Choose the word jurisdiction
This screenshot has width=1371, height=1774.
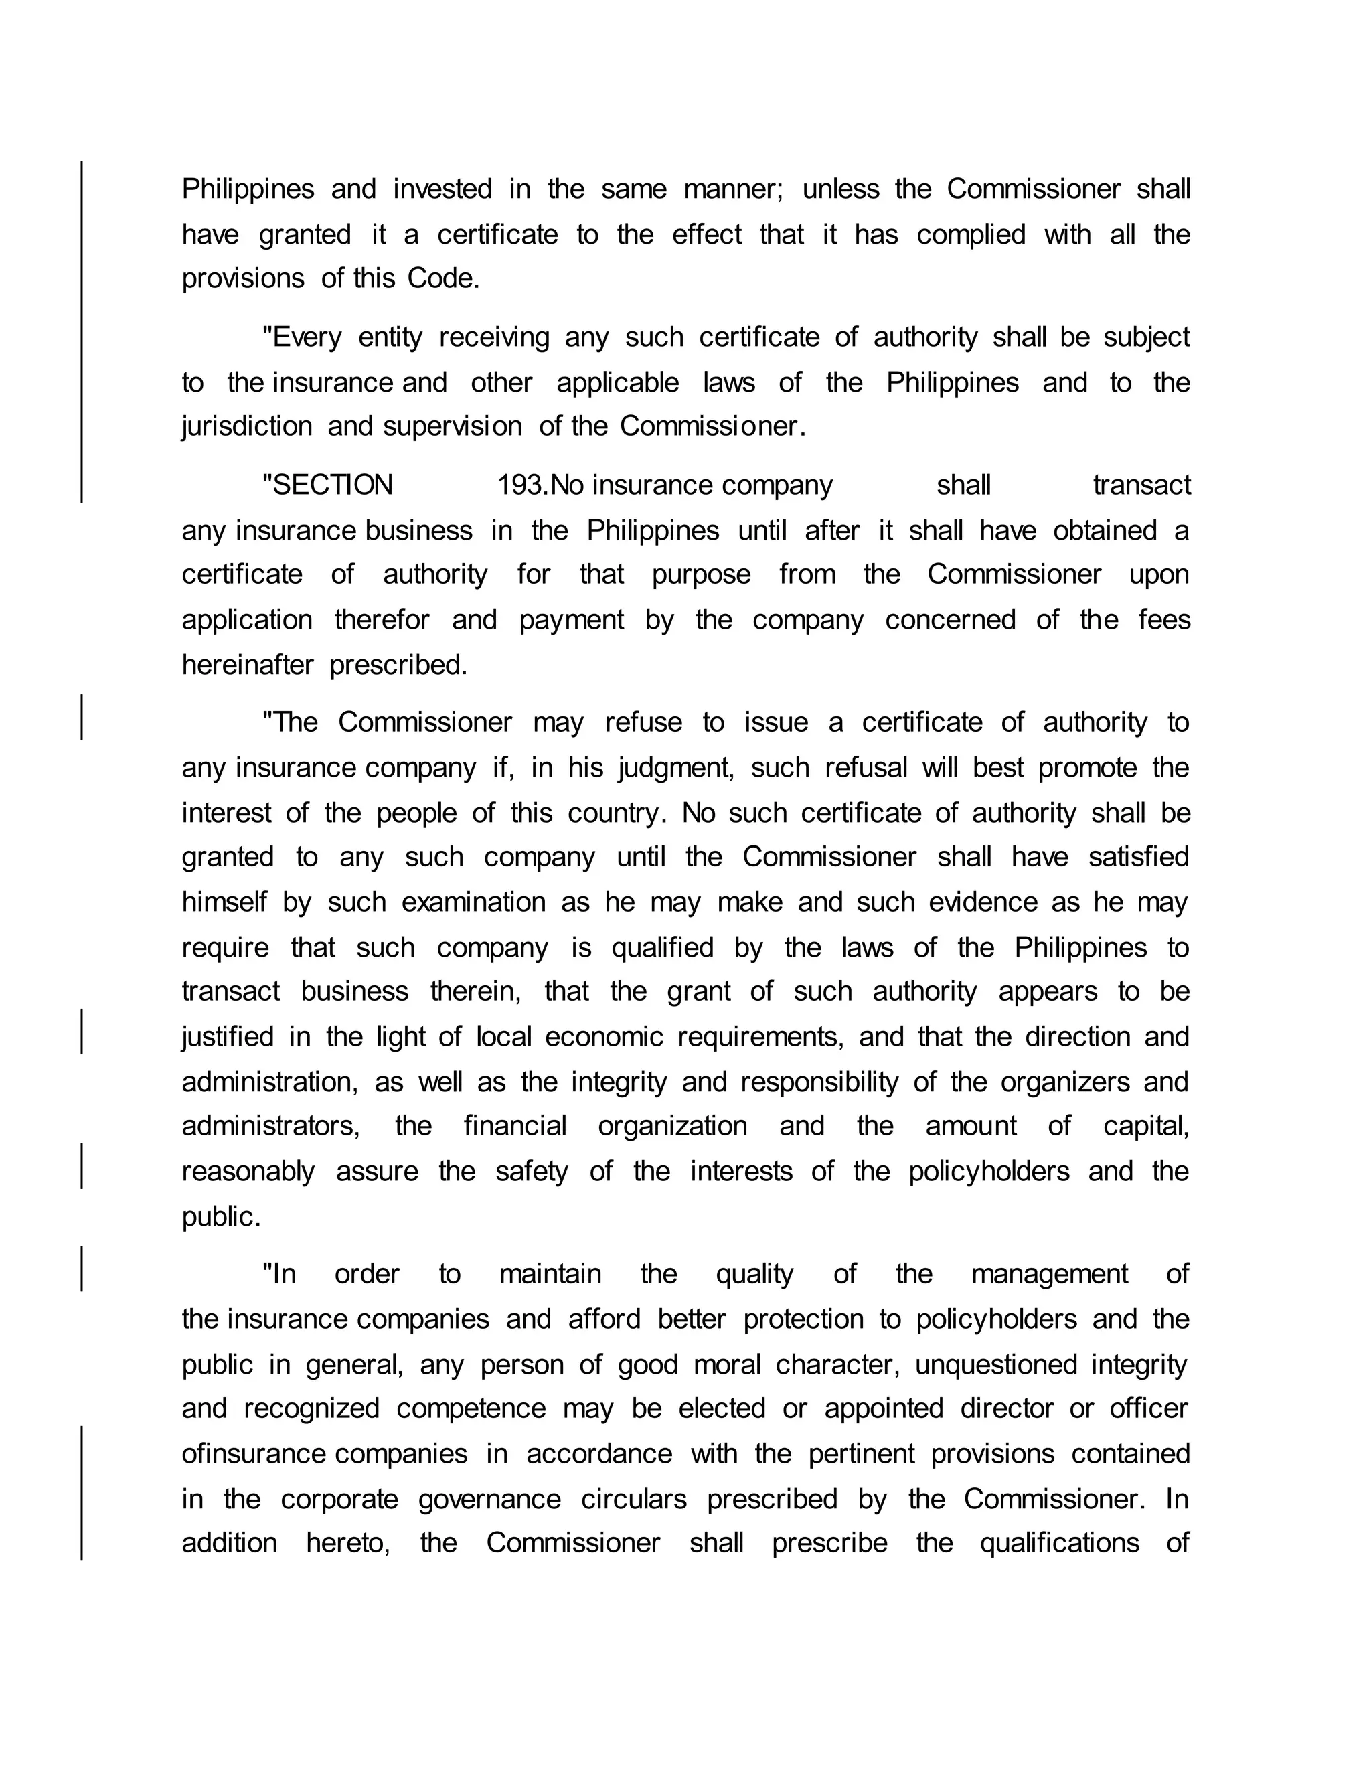point(247,426)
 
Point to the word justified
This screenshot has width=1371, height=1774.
point(228,1037)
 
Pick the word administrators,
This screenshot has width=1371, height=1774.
point(271,1127)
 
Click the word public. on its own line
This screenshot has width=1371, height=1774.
point(221,1217)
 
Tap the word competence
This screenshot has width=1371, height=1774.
point(471,1408)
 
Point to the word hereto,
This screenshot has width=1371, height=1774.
point(347,1543)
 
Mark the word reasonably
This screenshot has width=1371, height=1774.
point(248,1172)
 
